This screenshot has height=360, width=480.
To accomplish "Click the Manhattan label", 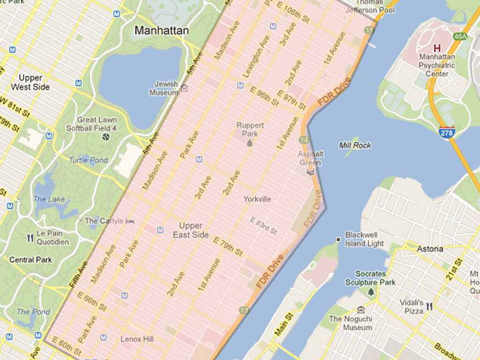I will pyautogui.click(x=162, y=31).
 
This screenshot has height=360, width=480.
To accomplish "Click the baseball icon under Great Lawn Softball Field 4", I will pyautogui.click(x=106, y=137).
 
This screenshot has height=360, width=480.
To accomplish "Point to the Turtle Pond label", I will pyautogui.click(x=88, y=160).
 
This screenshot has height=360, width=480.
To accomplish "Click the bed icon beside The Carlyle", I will pyautogui.click(x=130, y=221).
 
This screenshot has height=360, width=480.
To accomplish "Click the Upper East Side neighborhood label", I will pyautogui.click(x=191, y=231).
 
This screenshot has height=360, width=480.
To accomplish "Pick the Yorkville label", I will pyautogui.click(x=257, y=199).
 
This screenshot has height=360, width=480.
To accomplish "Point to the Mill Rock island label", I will pyautogui.click(x=355, y=145).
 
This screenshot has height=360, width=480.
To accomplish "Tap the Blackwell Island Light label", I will pyautogui.click(x=364, y=239).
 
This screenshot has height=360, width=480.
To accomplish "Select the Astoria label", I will pyautogui.click(x=430, y=249).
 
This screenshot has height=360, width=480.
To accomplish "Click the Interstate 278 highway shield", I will pyautogui.click(x=446, y=132).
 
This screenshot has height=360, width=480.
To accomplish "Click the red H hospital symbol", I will pyautogui.click(x=437, y=48).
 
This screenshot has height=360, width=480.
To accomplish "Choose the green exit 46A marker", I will pyautogui.click(x=461, y=36).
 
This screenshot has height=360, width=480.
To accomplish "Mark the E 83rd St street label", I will pyautogui.click(x=263, y=226).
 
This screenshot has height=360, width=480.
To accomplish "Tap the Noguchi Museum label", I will pyautogui.click(x=351, y=323).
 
